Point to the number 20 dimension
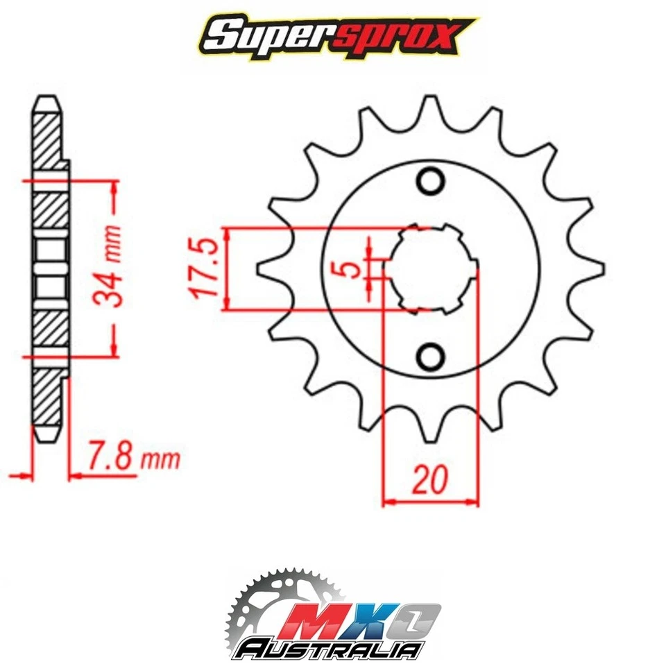click(431, 479)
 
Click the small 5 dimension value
click(355, 268)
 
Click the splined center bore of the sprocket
click(430, 268)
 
